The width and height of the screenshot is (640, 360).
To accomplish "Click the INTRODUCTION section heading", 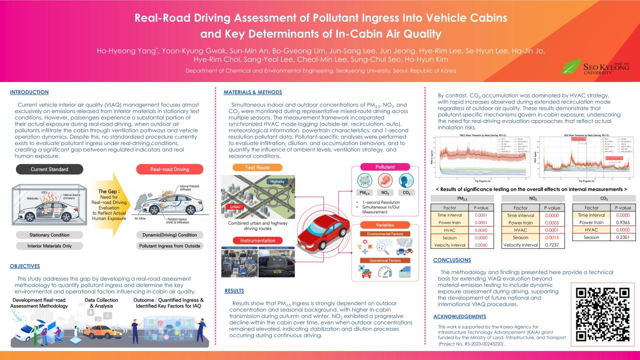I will pos(29,92).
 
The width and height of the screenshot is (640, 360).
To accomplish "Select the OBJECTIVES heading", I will pos(25,266).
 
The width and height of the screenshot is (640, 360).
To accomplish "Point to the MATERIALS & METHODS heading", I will pos(252,92).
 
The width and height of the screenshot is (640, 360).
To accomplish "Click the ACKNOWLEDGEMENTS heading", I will pos(459,316).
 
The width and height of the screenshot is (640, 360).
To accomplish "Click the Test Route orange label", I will pos(257,167).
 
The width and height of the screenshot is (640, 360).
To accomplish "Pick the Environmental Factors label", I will pos(385,234).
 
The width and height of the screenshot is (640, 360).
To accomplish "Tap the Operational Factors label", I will pos(385,261).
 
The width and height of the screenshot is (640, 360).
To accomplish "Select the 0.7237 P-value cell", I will pos(553,245).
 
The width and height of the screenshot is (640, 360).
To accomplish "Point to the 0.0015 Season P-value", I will pos(553,237).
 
